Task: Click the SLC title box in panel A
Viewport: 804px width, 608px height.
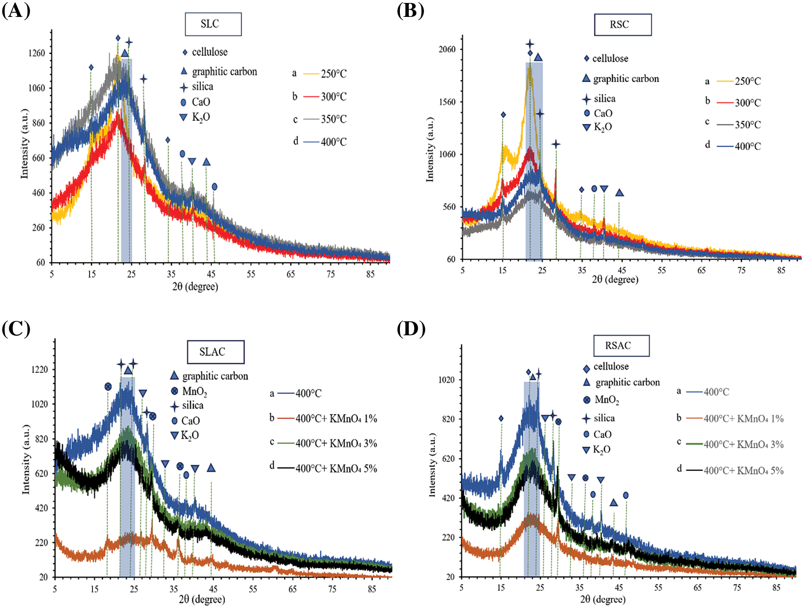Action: click(x=213, y=24)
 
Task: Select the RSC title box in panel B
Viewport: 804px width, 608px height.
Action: click(x=622, y=25)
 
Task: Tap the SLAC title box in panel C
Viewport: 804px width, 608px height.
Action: click(x=215, y=352)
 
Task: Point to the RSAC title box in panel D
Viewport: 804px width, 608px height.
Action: click(x=621, y=346)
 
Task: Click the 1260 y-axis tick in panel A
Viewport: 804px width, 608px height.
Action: click(x=36, y=53)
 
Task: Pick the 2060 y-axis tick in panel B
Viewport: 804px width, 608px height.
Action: click(x=447, y=49)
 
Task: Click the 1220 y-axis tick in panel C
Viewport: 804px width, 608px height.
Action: click(x=40, y=370)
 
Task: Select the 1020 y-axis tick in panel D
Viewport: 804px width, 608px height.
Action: click(x=446, y=380)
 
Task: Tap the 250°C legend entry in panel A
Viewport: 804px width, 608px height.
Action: click(x=333, y=74)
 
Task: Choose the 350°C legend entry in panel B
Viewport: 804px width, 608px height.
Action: click(x=747, y=125)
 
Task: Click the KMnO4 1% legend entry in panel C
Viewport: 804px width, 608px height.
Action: click(x=336, y=419)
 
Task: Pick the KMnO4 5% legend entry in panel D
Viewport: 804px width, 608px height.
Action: click(x=743, y=471)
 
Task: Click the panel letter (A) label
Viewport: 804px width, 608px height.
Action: click(x=16, y=10)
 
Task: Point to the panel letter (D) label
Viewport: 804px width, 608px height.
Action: click(x=411, y=329)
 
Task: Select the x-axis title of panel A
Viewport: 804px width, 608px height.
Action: click(x=195, y=287)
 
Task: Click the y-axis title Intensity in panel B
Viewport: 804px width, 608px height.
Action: click(x=430, y=150)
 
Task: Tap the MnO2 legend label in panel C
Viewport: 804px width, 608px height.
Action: click(x=194, y=392)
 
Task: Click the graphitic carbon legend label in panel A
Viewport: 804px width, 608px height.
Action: click(x=224, y=71)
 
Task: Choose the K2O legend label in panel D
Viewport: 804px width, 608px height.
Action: click(x=601, y=449)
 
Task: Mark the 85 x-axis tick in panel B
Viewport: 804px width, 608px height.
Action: click(x=781, y=271)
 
